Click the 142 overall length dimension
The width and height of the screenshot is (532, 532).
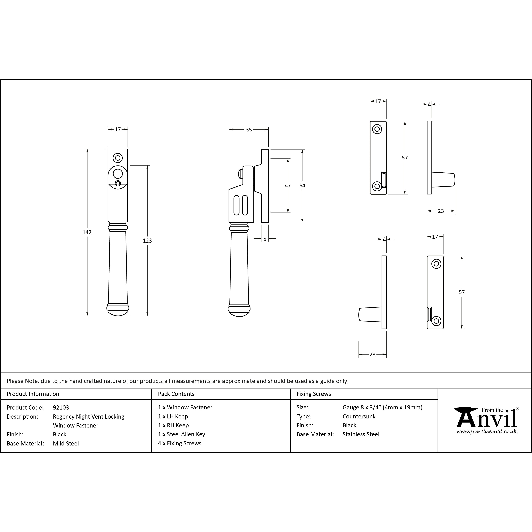click(x=87, y=232)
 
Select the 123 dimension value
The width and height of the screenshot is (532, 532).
click(x=147, y=241)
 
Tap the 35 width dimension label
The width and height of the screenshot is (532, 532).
click(x=249, y=129)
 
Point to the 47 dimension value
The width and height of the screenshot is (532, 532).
click(x=288, y=186)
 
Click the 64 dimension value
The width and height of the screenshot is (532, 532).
click(x=302, y=186)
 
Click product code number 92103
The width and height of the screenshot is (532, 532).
click(x=61, y=408)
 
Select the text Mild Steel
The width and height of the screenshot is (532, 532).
click(x=66, y=443)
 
